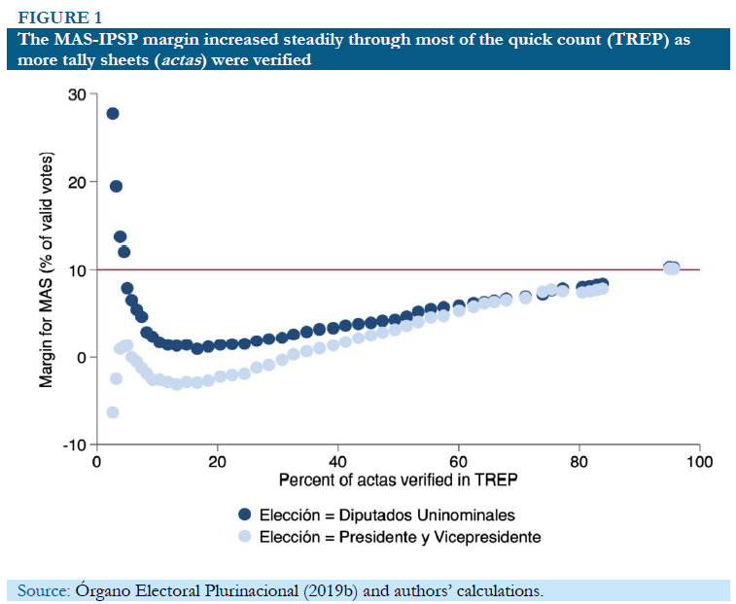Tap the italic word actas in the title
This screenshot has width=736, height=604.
253,60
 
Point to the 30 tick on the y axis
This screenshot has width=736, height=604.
76,94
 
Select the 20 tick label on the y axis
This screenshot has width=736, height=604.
76,182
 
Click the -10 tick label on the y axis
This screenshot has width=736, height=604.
72,445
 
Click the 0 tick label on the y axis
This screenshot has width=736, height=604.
81,358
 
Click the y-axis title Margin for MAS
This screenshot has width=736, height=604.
47,270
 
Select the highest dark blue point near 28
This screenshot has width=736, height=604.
113,114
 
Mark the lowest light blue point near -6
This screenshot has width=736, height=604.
113,412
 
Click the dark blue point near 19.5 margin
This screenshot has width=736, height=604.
116,186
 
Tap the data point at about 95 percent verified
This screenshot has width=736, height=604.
671,267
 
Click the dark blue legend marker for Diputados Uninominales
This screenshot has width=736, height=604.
245,515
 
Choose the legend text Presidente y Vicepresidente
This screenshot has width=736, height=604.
437,537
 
